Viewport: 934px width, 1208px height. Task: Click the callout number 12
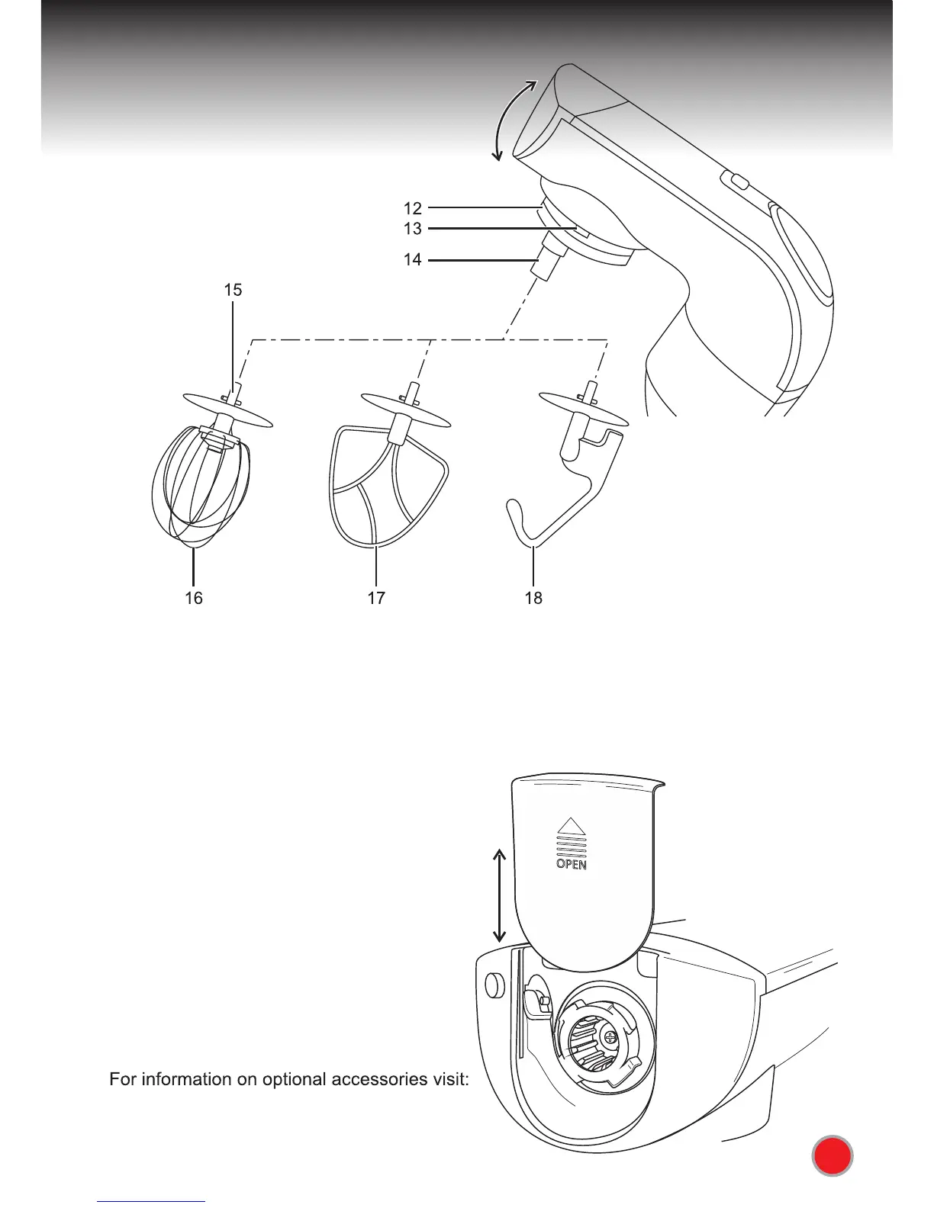point(412,207)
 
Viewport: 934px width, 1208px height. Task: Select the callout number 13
point(412,229)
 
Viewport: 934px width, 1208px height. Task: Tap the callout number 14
point(412,260)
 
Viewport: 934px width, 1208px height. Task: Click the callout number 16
point(194,598)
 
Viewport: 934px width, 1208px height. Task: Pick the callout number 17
point(376,598)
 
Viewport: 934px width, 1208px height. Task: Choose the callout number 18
point(533,598)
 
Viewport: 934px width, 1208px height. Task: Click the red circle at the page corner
point(832,1157)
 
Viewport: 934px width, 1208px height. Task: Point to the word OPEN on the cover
point(571,865)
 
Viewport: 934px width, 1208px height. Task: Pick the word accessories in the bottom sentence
point(382,1080)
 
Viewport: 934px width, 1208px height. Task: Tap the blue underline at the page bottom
point(152,1201)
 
